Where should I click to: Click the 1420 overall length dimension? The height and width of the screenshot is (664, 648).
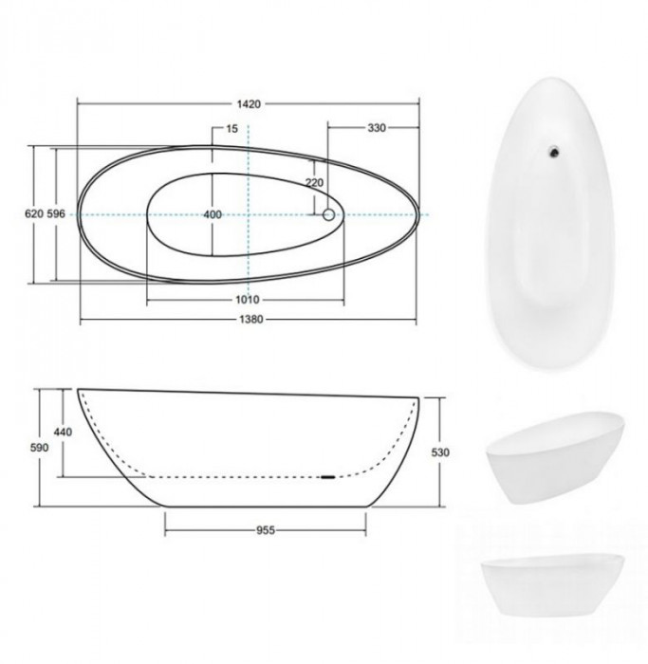tap(249, 104)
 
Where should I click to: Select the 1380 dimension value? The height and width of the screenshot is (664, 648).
tap(251, 320)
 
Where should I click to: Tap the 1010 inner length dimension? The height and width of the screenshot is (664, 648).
tap(248, 300)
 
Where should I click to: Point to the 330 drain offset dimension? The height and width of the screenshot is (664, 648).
tap(377, 128)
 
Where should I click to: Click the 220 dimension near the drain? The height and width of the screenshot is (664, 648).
tap(315, 182)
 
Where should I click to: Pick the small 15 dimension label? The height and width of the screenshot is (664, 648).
tap(232, 128)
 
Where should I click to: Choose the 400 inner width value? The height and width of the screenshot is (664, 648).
tap(213, 214)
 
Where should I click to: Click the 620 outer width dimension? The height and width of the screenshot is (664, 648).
tap(34, 213)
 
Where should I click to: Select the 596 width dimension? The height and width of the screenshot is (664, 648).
tap(56, 213)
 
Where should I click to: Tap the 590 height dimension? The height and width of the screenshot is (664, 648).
tap(40, 448)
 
